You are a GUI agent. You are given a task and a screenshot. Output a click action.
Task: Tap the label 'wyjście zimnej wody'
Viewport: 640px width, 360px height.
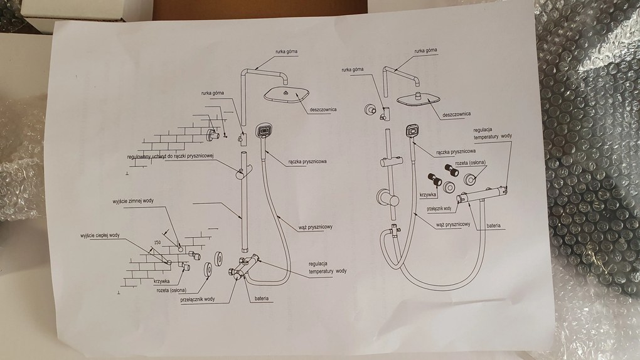coord(134,200)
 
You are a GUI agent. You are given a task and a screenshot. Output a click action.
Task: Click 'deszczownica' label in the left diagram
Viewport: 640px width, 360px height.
coord(323,109)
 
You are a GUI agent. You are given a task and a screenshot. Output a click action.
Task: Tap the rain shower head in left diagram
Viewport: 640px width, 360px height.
coord(286,94)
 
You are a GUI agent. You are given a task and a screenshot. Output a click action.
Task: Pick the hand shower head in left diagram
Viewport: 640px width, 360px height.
coord(264,132)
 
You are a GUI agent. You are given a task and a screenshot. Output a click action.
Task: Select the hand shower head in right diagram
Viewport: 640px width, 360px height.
coord(412,132)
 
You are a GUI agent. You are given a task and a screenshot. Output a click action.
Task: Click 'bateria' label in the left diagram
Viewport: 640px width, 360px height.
coord(261,299)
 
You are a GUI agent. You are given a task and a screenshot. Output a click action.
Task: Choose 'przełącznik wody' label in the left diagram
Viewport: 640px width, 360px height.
coord(196,299)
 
